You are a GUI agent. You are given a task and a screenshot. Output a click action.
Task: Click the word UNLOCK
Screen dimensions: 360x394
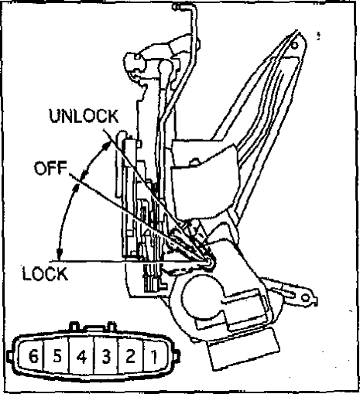coord(84,116)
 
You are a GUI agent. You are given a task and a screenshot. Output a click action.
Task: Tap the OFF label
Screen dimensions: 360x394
coord(50,168)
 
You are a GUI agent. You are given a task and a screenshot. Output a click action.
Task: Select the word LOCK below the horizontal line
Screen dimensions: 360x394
coord(46,273)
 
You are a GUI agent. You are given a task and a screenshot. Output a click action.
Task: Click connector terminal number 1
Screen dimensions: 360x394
coord(154,357)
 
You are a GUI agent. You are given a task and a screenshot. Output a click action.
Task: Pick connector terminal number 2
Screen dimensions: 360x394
coord(130,357)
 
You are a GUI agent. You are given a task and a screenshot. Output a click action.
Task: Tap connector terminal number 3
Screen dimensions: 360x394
coord(106,357)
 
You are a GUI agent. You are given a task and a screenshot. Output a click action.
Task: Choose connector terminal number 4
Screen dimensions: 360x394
coord(82,357)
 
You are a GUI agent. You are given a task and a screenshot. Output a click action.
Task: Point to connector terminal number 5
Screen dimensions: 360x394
coord(57,356)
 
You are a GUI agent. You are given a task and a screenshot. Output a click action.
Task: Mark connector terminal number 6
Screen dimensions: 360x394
coord(33,356)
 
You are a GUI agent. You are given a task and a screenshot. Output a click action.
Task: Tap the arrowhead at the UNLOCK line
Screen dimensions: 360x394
coord(106,146)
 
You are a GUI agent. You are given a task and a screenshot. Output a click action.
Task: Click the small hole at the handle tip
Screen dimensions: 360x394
coord(294,46)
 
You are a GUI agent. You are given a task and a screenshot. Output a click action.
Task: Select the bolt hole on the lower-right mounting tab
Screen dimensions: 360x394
coord(306,298)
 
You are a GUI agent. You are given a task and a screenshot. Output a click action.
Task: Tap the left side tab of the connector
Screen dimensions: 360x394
coord(10,356)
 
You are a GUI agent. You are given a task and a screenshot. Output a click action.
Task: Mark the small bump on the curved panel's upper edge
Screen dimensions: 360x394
coord(195,161)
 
